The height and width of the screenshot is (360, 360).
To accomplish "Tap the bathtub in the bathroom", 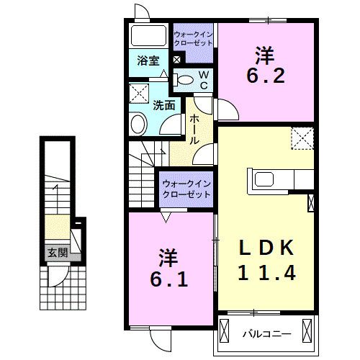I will (149, 36).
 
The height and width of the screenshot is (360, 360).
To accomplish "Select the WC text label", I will (203, 79).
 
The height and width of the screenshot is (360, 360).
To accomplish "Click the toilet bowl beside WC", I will (185, 80).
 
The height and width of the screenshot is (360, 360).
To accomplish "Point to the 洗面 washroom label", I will (163, 105).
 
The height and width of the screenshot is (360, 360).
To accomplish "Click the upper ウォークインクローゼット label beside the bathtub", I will (193, 38).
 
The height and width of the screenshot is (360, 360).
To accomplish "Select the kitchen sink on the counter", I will (261, 179).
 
